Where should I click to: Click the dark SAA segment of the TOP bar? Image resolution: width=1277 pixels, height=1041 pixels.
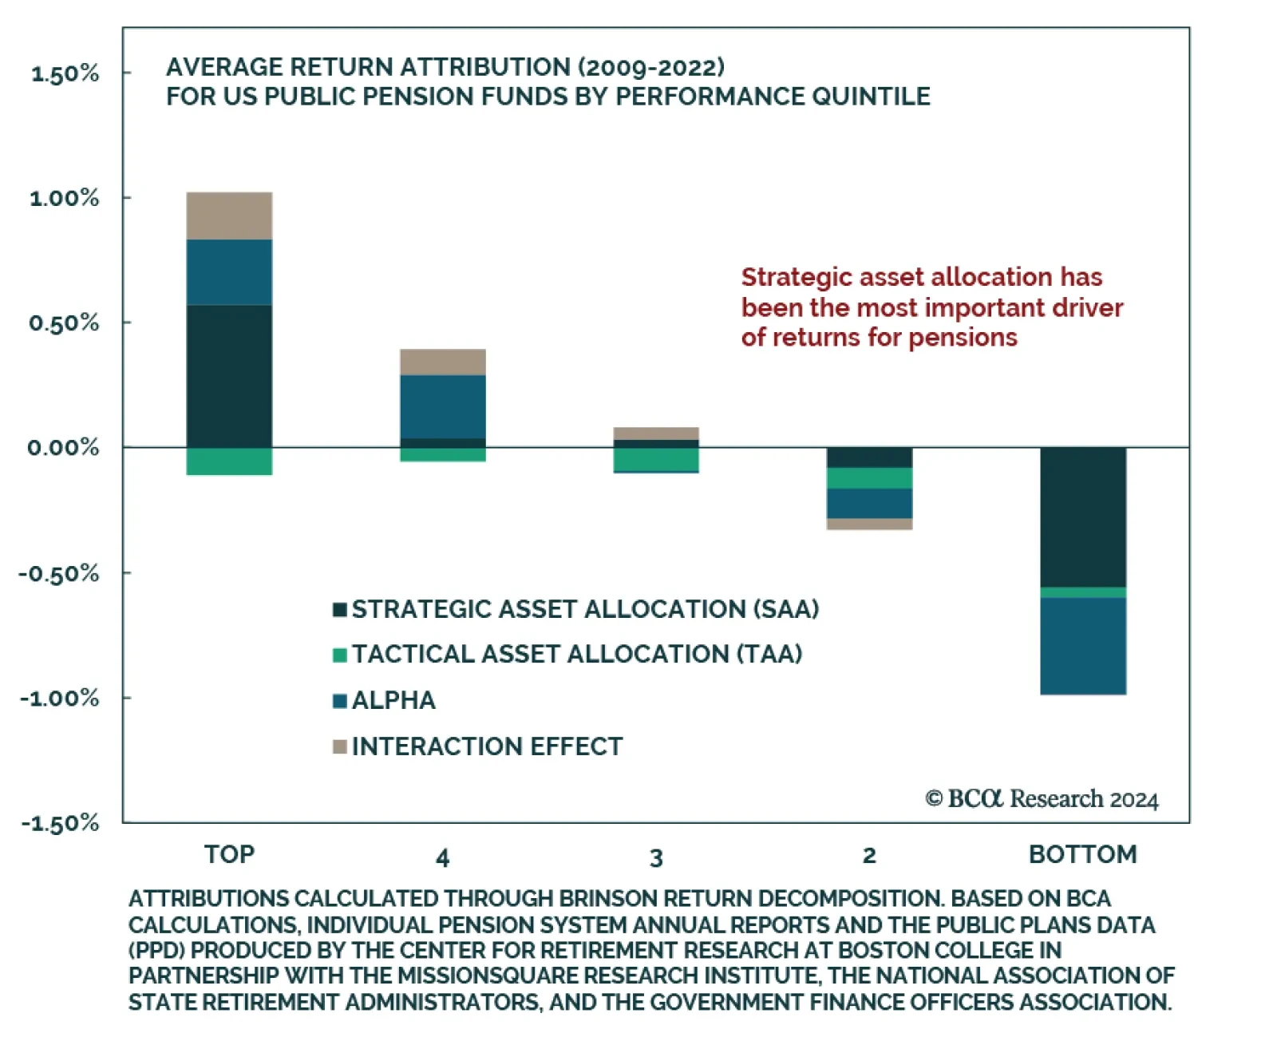click(229, 375)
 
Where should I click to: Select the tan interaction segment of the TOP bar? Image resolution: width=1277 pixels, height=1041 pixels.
click(229, 216)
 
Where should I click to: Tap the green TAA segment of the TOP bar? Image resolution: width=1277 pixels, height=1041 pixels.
click(229, 461)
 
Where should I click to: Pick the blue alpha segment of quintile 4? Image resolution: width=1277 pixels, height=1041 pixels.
click(442, 406)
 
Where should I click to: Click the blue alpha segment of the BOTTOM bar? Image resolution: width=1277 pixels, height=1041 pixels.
click(1082, 646)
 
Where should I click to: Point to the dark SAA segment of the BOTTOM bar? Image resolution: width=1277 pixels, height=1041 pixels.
click(1082, 517)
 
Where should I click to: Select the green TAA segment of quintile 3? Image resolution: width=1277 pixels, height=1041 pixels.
click(655, 459)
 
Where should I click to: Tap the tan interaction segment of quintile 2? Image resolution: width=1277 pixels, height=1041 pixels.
click(869, 524)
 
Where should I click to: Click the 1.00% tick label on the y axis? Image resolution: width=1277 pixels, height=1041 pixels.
click(65, 198)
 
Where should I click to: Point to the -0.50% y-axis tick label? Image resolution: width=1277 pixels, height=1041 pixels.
click(60, 574)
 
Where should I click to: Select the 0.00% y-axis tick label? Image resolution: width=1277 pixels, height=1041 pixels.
click(64, 448)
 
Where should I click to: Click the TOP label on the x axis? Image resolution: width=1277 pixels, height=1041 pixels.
click(229, 855)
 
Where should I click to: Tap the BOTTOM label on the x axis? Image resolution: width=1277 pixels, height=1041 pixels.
click(1082, 855)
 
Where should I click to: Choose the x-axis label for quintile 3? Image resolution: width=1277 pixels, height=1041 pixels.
click(656, 858)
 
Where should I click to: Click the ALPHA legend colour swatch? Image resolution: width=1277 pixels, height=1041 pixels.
click(339, 701)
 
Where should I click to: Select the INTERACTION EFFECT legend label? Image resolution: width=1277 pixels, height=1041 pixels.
click(487, 746)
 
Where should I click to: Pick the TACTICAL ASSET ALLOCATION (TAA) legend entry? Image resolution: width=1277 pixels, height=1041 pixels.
click(576, 655)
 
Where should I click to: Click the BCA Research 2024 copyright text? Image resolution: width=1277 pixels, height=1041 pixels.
click(1042, 799)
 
